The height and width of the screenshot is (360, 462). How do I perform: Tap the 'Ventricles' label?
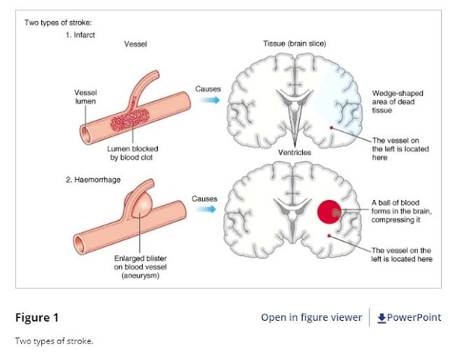click(295, 153)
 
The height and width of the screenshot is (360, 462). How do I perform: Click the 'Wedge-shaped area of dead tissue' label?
click(396, 101)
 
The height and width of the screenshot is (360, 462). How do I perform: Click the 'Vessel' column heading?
click(135, 43)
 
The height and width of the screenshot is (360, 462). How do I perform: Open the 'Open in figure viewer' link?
click(311, 317)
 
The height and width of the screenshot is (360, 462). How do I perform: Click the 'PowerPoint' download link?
click(409, 317)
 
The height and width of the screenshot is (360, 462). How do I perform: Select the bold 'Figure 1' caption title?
click(37, 317)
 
